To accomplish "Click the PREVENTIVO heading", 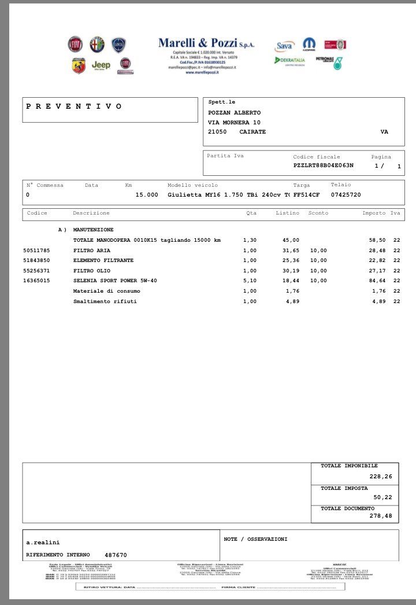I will [74, 106].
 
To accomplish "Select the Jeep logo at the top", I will [101, 65].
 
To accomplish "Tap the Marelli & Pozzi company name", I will [206, 43].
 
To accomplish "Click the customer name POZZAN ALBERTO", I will [234, 113].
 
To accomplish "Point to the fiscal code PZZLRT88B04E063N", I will [323, 165].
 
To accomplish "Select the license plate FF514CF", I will [306, 195].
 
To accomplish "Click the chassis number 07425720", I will [346, 195].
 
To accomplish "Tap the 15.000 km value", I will [147, 195].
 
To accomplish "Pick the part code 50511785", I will [36, 250].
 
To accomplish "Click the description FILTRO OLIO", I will [92, 271].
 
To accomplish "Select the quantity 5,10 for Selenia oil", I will [250, 281].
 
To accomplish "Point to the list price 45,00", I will [291, 240].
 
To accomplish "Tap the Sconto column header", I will [318, 213].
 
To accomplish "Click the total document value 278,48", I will [380, 516].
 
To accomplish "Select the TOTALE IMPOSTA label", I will [344, 488].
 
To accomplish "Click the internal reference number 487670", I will [116, 555].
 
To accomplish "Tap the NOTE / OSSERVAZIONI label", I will [255, 539].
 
